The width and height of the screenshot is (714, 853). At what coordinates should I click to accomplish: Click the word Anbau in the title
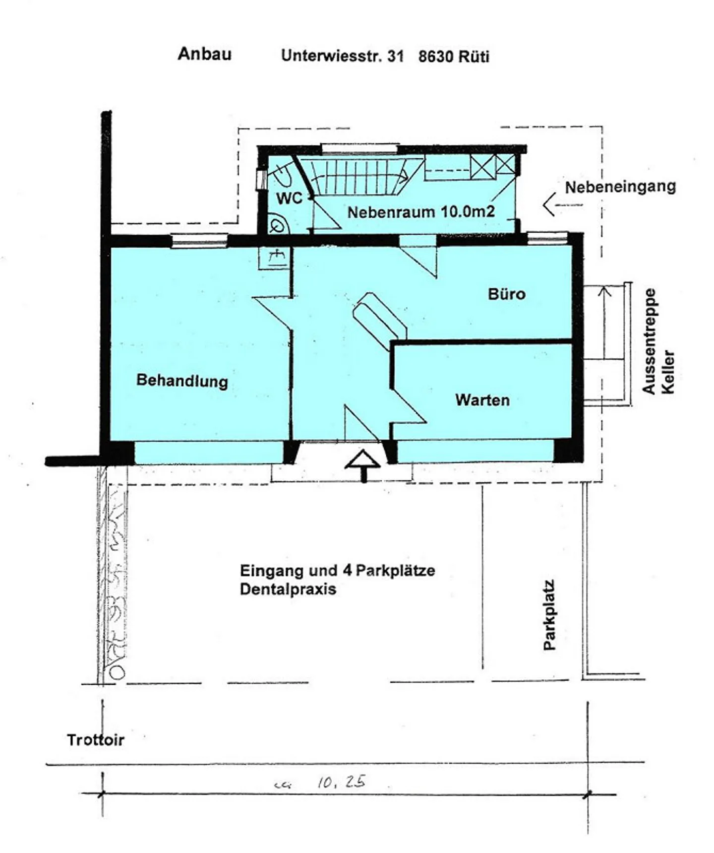(x=204, y=54)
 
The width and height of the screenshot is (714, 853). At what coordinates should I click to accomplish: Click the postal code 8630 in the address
(x=435, y=57)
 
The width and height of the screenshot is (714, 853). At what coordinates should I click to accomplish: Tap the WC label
(x=289, y=198)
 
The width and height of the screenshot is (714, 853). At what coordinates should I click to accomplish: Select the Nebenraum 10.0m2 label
(x=420, y=212)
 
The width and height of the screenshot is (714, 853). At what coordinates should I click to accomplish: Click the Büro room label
(x=506, y=294)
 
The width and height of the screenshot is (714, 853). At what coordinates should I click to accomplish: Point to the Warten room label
(x=482, y=400)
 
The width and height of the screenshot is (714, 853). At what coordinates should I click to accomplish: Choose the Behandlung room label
(x=182, y=381)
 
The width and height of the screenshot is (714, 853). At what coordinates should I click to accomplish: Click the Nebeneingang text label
(x=620, y=187)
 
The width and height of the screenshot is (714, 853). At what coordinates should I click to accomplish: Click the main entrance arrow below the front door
(x=363, y=464)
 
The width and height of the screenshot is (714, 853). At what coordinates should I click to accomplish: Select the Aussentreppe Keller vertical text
(x=657, y=341)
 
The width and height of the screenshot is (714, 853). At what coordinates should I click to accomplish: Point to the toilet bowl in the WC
(x=284, y=173)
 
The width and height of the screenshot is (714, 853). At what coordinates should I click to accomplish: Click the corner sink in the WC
(x=277, y=225)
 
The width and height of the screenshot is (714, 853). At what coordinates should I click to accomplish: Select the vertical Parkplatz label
(x=549, y=615)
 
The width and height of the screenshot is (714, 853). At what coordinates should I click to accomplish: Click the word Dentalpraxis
(x=288, y=590)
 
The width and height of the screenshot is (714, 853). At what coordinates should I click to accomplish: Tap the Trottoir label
(x=95, y=740)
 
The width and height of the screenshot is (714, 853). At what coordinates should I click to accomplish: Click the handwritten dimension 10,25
(x=341, y=782)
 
